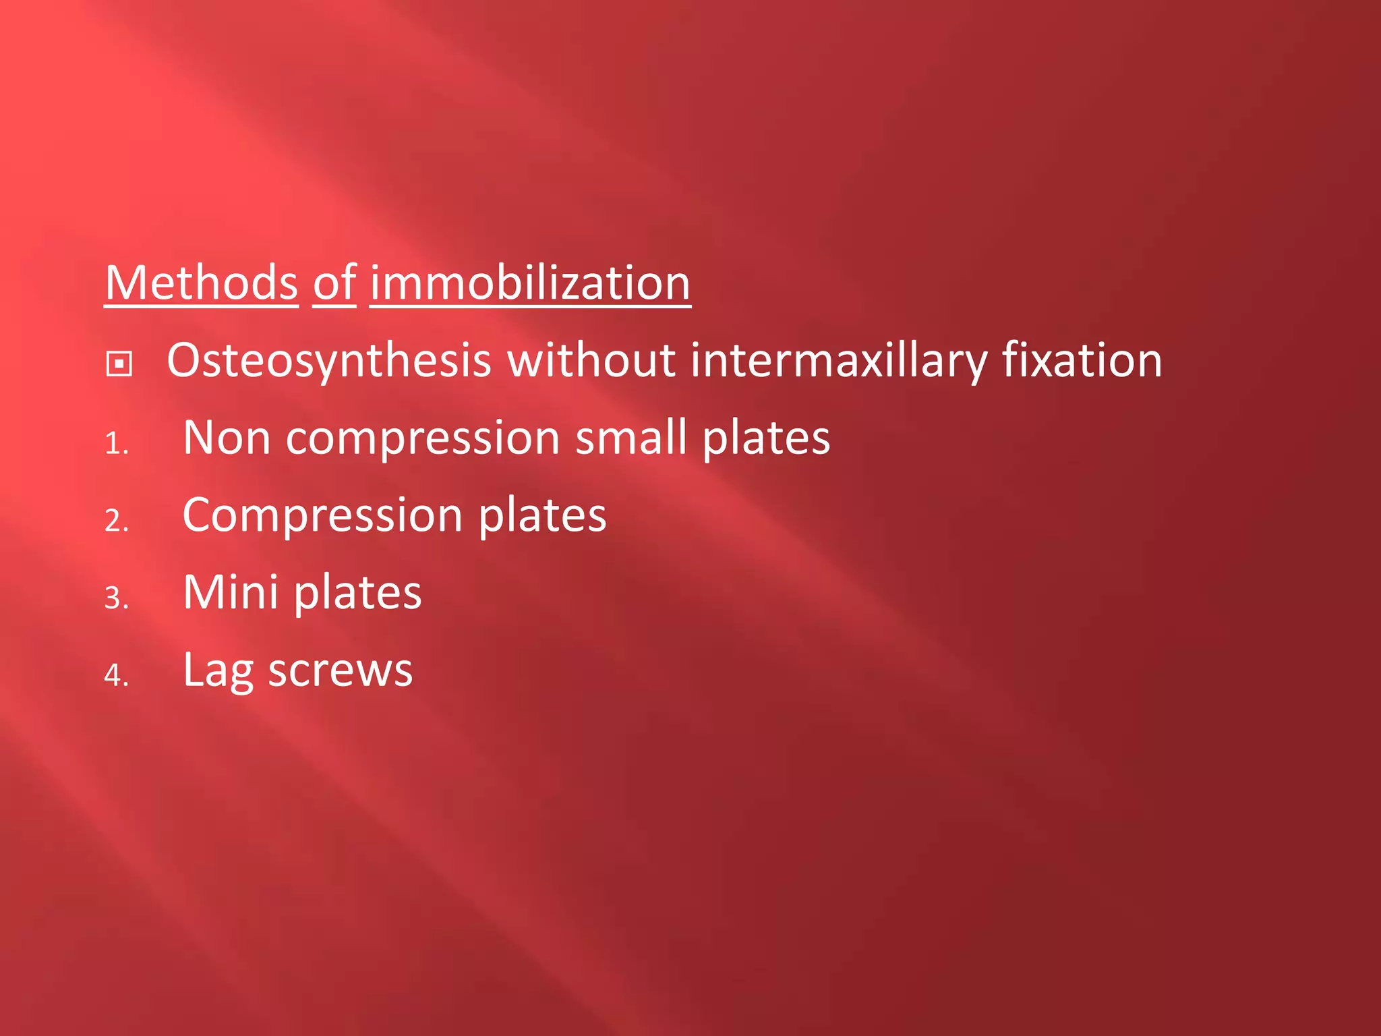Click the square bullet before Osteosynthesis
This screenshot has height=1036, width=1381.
click(119, 364)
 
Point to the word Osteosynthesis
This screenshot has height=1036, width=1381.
click(328, 361)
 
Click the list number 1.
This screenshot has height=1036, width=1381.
click(116, 444)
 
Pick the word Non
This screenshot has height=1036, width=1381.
click(227, 438)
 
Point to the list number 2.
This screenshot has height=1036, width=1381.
click(116, 521)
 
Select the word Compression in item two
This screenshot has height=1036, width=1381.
click(322, 516)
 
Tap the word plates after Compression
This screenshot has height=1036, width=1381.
click(542, 516)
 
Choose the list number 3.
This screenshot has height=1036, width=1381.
click(116, 598)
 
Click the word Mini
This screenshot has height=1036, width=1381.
click(230, 593)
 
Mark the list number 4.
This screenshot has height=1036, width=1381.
click(116, 675)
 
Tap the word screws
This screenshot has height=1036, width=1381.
click(340, 671)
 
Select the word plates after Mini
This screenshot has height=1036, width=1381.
click(357, 593)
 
